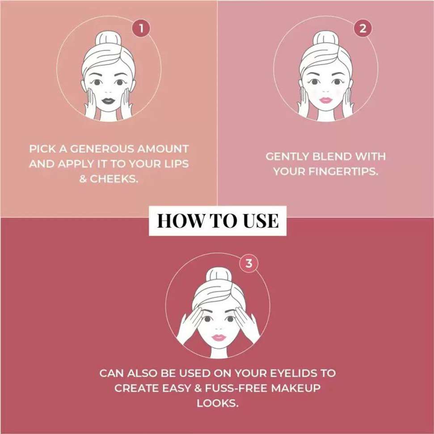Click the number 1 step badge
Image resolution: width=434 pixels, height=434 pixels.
141,28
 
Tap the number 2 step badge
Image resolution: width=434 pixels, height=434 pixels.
362,28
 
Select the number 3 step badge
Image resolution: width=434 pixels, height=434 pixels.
249,263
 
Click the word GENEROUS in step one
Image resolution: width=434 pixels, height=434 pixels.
101,149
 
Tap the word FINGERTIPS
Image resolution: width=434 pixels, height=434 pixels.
343,172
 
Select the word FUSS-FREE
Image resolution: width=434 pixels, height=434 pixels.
236,388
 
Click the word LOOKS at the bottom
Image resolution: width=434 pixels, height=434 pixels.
218,403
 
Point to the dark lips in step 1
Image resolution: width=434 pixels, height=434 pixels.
108,101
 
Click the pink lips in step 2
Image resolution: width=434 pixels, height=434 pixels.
326,100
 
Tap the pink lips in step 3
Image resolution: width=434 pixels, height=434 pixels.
219,337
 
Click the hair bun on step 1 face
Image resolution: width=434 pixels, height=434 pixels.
109,39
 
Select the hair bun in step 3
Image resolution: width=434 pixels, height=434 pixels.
219,276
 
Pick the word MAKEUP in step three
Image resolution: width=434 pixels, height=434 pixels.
295,388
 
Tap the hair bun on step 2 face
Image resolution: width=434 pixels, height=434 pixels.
326,39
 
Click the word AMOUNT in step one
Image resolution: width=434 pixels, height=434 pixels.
163,149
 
